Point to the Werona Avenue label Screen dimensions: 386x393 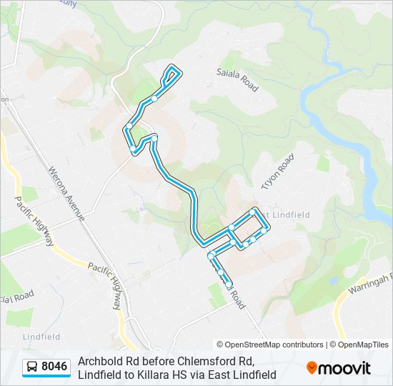(x=66, y=194)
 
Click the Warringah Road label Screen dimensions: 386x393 (x=371, y=284)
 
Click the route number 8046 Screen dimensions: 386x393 (x=54, y=367)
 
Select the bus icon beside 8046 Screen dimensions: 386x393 (x=32, y=367)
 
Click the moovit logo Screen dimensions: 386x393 (x=339, y=368)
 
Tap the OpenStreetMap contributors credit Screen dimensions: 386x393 (x=270, y=345)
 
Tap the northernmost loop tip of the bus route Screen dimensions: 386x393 (x=173, y=68)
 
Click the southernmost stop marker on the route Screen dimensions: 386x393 (x=229, y=284)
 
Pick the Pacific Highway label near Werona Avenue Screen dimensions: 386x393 (x=34, y=221)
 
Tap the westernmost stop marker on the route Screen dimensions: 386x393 (x=129, y=127)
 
